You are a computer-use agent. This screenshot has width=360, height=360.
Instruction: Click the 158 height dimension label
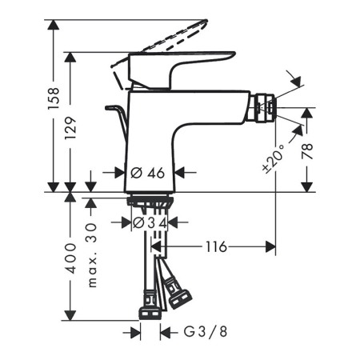54,98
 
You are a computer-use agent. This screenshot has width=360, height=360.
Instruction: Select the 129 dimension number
70,127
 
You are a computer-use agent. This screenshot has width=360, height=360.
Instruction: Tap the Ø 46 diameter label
148,173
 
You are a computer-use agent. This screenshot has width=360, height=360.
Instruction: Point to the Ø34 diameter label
150,222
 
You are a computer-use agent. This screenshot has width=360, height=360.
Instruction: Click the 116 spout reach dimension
216,246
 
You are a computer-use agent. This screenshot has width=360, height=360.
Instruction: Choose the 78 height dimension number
307,151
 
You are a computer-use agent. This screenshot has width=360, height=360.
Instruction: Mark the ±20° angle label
274,158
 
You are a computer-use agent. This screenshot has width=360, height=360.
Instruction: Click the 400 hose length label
70,258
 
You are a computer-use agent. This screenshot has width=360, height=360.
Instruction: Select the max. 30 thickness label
91,255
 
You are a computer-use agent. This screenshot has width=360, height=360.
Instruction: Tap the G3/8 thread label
206,332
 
